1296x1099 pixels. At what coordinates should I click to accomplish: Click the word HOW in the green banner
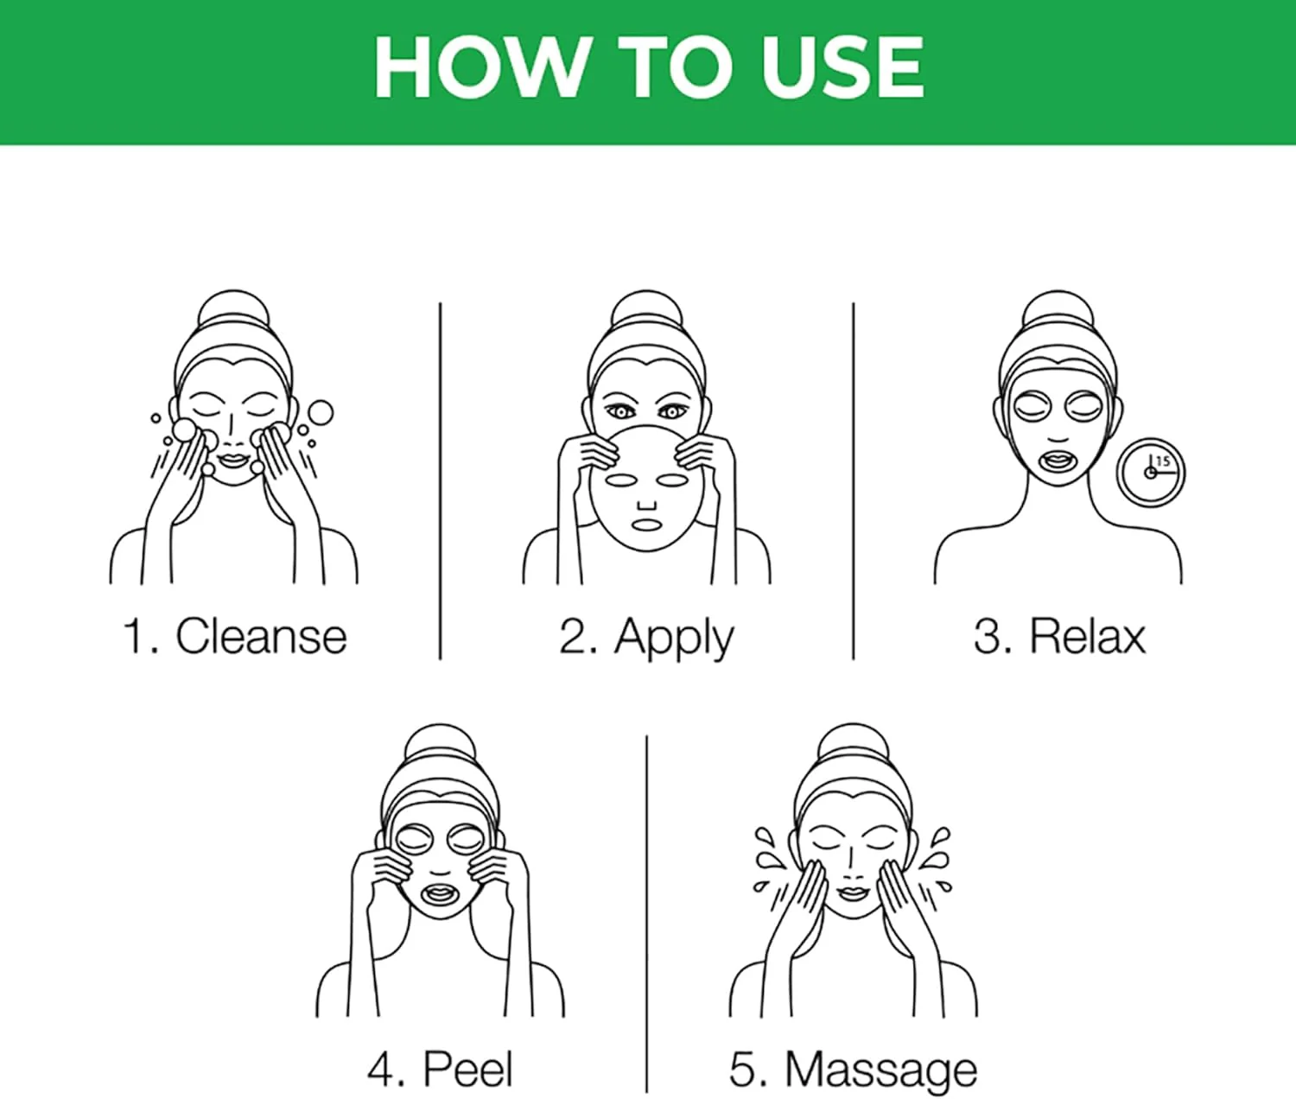tap(481, 67)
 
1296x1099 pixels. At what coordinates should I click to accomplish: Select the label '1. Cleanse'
tap(235, 636)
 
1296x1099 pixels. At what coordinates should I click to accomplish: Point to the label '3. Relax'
tap(1059, 636)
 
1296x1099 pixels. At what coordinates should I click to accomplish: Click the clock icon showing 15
tap(1151, 472)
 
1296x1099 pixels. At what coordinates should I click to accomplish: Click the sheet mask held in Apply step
tap(646, 488)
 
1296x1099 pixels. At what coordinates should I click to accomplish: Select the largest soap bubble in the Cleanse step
tap(321, 412)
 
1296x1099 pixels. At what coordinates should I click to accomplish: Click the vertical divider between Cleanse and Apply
tap(440, 481)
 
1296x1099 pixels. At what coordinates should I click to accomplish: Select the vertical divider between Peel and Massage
tap(646, 914)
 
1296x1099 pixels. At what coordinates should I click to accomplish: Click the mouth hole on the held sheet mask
tap(646, 524)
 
